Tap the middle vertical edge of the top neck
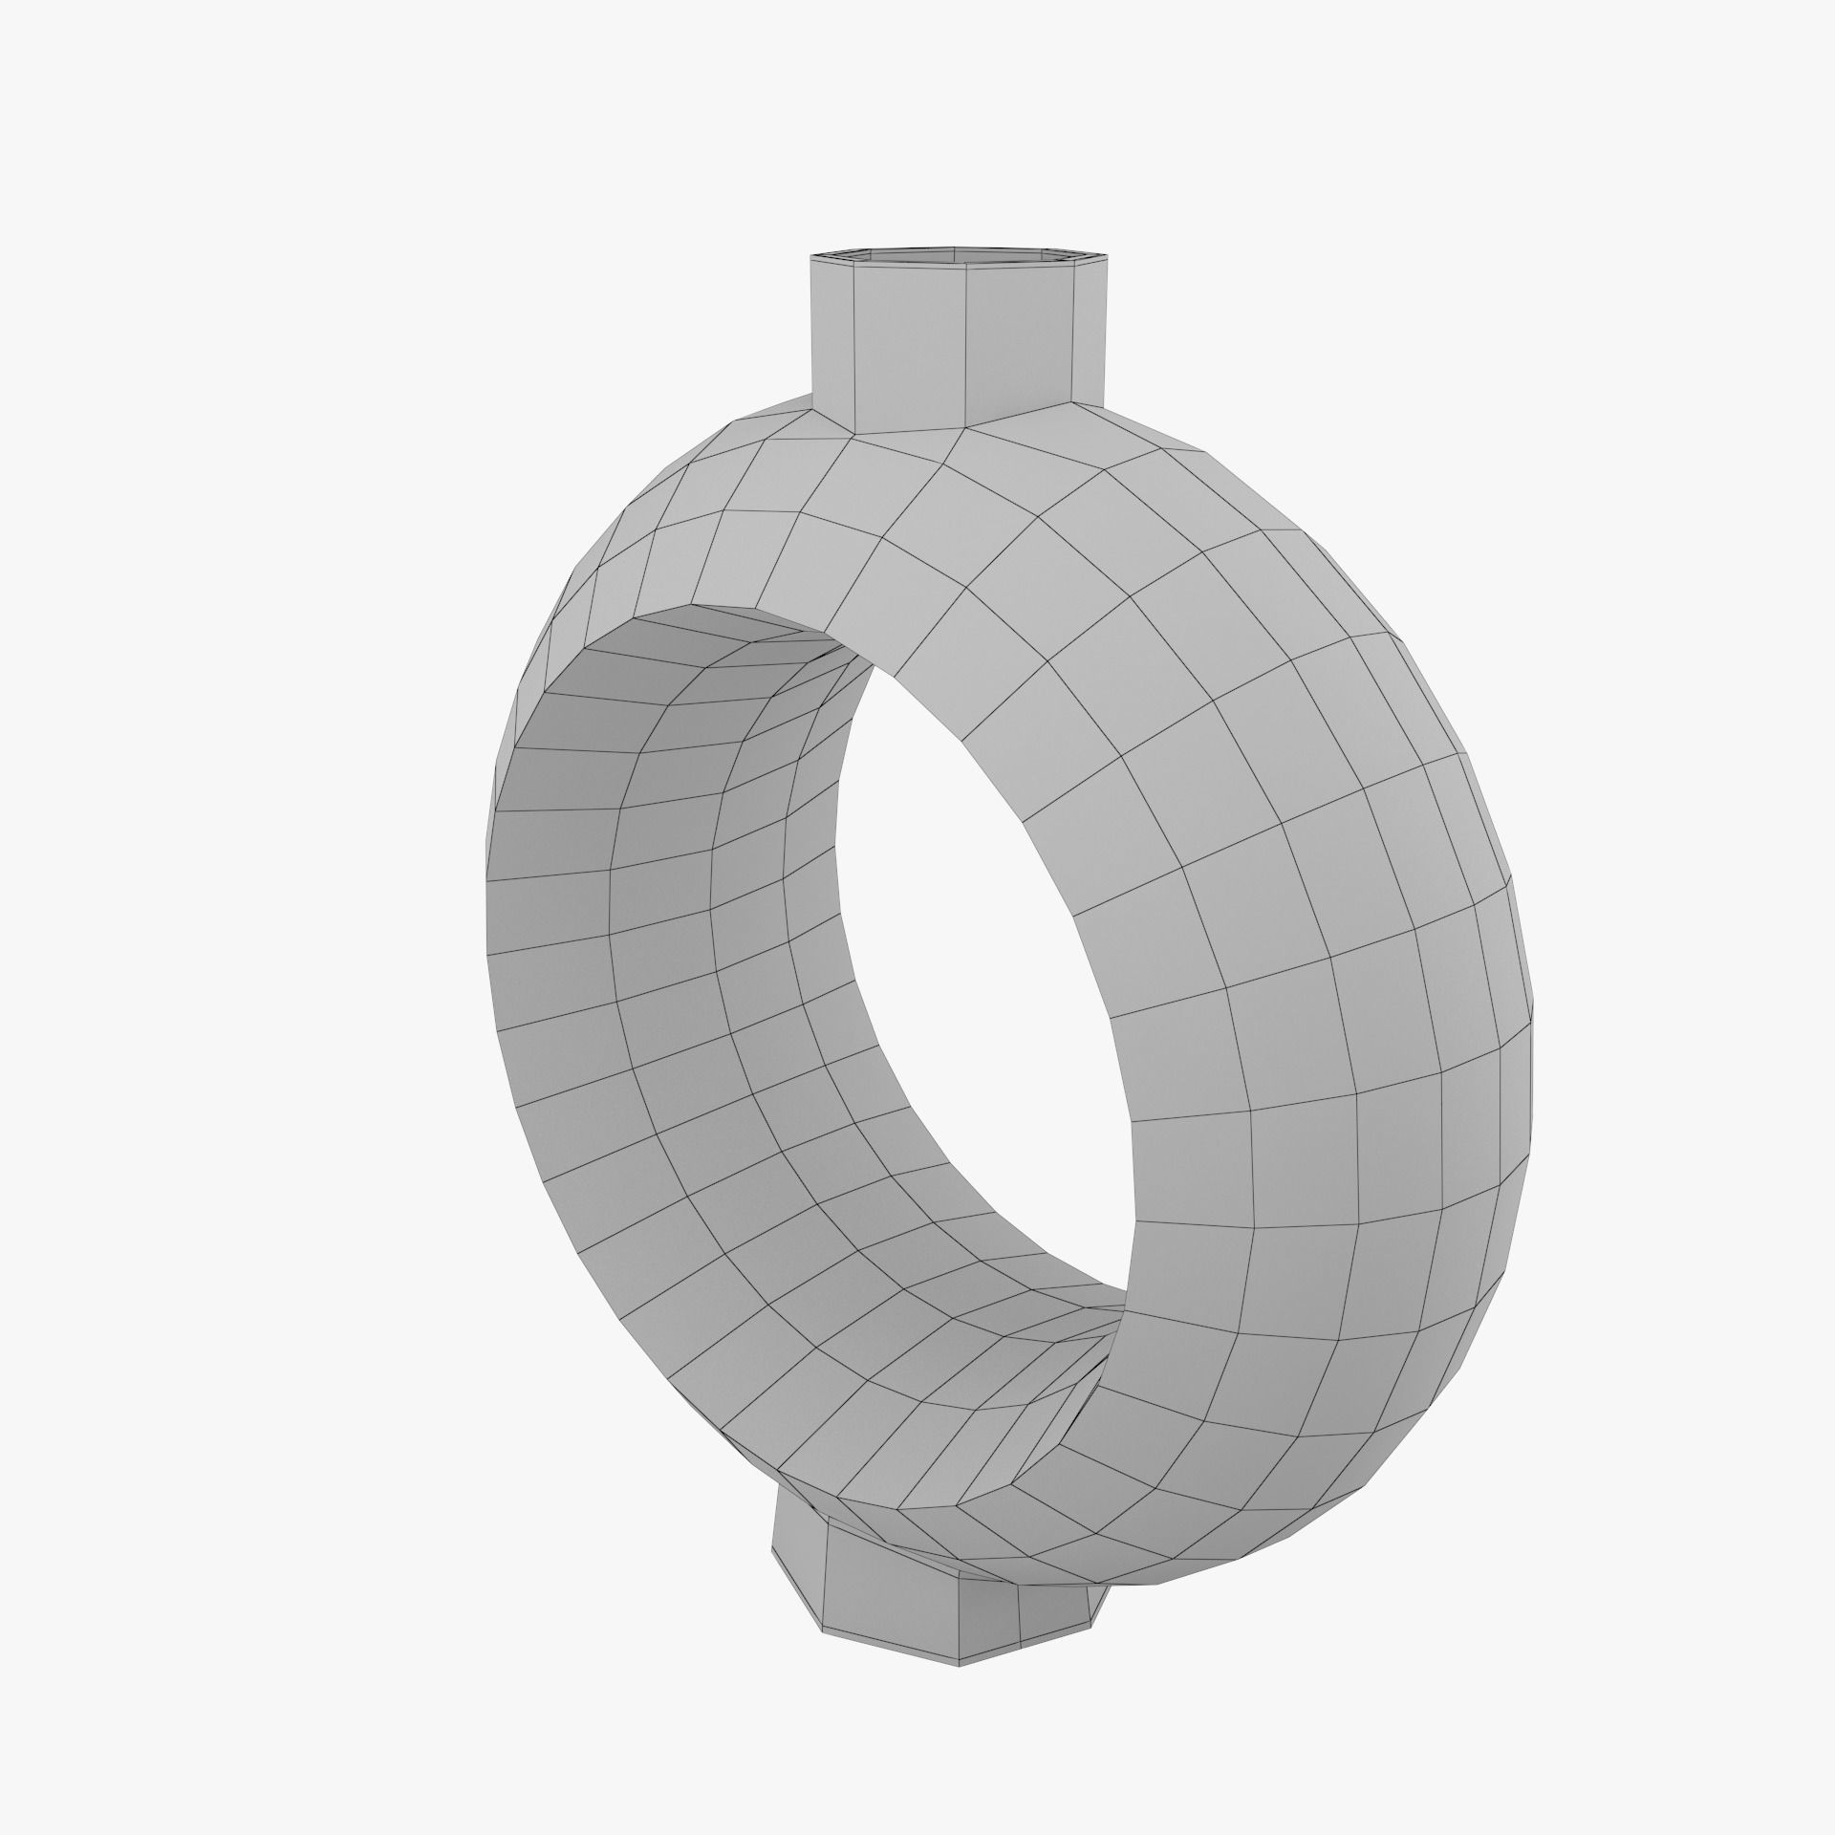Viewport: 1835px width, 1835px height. [x=965, y=344]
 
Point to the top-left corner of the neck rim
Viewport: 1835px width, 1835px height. [x=810, y=257]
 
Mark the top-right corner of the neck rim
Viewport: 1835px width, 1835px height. [x=1110, y=255]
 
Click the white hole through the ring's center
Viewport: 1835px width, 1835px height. [x=984, y=956]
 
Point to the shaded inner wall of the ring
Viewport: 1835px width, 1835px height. [x=669, y=860]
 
